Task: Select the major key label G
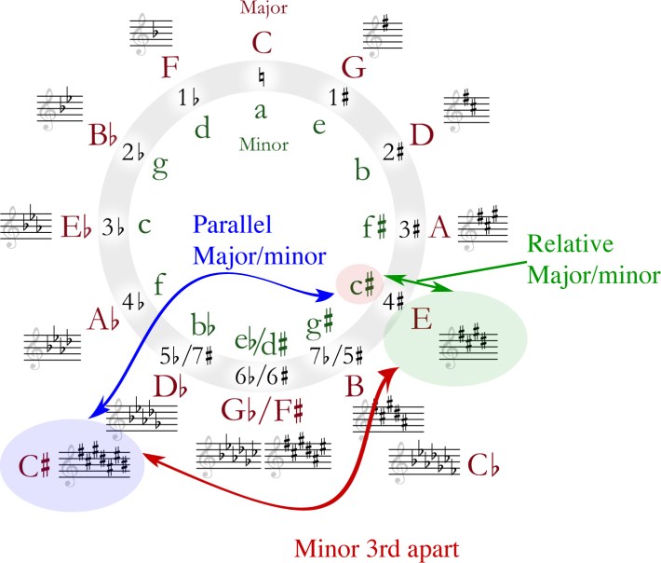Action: coord(353,67)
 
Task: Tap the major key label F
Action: coord(169,69)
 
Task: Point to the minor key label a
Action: coord(261,110)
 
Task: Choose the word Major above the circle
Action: coord(263,8)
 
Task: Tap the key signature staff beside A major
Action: coord(487,226)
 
